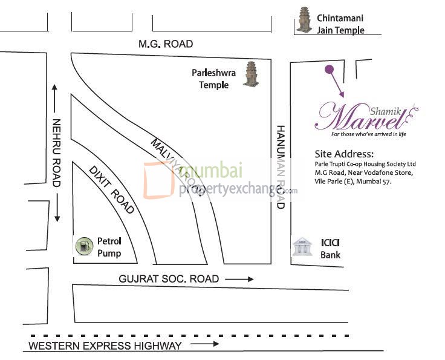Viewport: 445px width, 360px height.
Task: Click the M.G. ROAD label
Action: click(x=166, y=44)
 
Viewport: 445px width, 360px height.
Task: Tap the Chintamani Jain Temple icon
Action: click(x=304, y=20)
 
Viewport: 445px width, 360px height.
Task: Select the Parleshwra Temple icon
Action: click(x=250, y=74)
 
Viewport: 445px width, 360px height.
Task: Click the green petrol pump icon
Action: click(x=83, y=247)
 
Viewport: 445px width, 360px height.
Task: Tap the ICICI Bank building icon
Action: click(x=302, y=247)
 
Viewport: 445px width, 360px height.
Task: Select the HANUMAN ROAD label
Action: click(x=280, y=167)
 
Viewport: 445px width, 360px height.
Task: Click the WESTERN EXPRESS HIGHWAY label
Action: click(x=105, y=345)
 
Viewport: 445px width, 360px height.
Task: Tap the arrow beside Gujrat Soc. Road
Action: click(x=240, y=279)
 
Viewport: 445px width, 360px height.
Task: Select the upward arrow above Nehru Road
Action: click(x=56, y=96)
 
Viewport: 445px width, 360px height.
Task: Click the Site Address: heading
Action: click(x=343, y=154)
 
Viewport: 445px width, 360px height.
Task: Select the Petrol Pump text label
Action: click(x=109, y=247)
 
